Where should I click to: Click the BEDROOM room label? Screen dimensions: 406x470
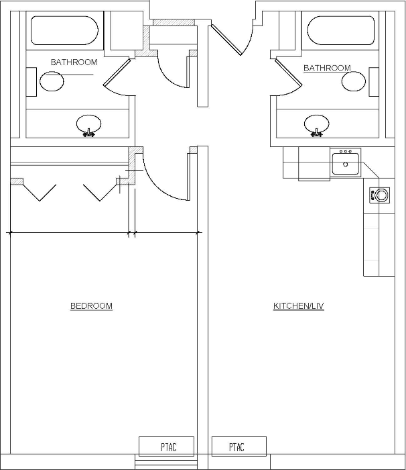click(91, 305)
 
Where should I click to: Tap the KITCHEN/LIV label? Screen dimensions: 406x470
click(299, 305)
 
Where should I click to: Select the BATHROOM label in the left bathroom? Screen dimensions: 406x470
click(74, 62)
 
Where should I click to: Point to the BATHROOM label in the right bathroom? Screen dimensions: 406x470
click(327, 68)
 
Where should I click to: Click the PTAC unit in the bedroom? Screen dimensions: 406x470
click(166, 446)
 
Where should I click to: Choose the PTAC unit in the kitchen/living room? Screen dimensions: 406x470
click(239, 446)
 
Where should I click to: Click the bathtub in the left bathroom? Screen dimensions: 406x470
click(64, 30)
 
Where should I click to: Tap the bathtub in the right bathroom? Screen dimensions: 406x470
click(340, 30)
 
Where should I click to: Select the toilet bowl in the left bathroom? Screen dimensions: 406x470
click(52, 81)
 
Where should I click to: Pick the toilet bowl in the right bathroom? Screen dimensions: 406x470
click(354, 81)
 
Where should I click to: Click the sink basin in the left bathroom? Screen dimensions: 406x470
click(89, 124)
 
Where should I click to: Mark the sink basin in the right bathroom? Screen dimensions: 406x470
click(317, 124)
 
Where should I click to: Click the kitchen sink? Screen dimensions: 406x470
click(346, 164)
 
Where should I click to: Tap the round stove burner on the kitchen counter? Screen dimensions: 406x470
click(381, 195)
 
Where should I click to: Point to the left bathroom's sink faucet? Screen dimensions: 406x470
click(89, 133)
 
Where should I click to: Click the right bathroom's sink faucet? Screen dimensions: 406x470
click(317, 133)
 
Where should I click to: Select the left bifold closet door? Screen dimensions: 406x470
click(40, 193)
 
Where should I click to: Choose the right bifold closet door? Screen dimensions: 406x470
click(100, 193)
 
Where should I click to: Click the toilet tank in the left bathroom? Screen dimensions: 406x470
click(31, 82)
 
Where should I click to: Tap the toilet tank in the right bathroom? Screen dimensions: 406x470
click(374, 82)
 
